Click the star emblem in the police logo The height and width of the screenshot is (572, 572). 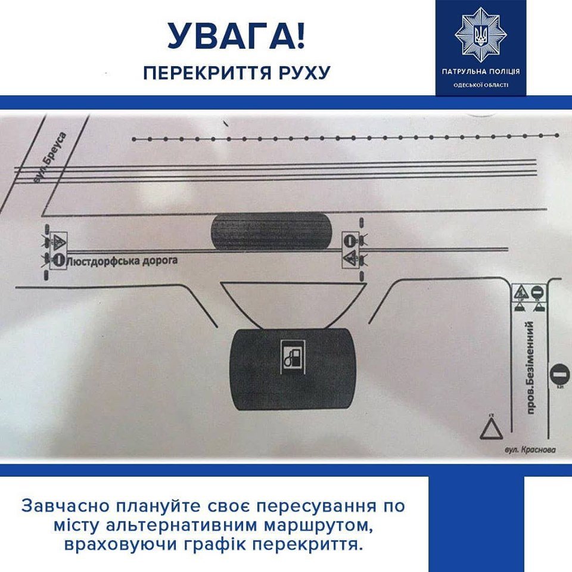point(480,34)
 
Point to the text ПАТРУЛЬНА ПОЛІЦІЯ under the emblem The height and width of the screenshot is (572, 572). point(480,71)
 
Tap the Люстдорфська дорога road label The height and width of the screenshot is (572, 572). point(123,260)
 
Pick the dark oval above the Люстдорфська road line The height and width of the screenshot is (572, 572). point(271,231)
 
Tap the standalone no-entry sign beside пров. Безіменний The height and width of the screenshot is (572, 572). point(559,375)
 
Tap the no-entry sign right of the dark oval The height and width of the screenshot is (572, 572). point(350,241)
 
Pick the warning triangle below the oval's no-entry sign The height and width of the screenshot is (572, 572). point(350,258)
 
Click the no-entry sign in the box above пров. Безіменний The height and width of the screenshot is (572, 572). point(537,292)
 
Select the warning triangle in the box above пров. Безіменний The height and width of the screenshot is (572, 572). point(521,292)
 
